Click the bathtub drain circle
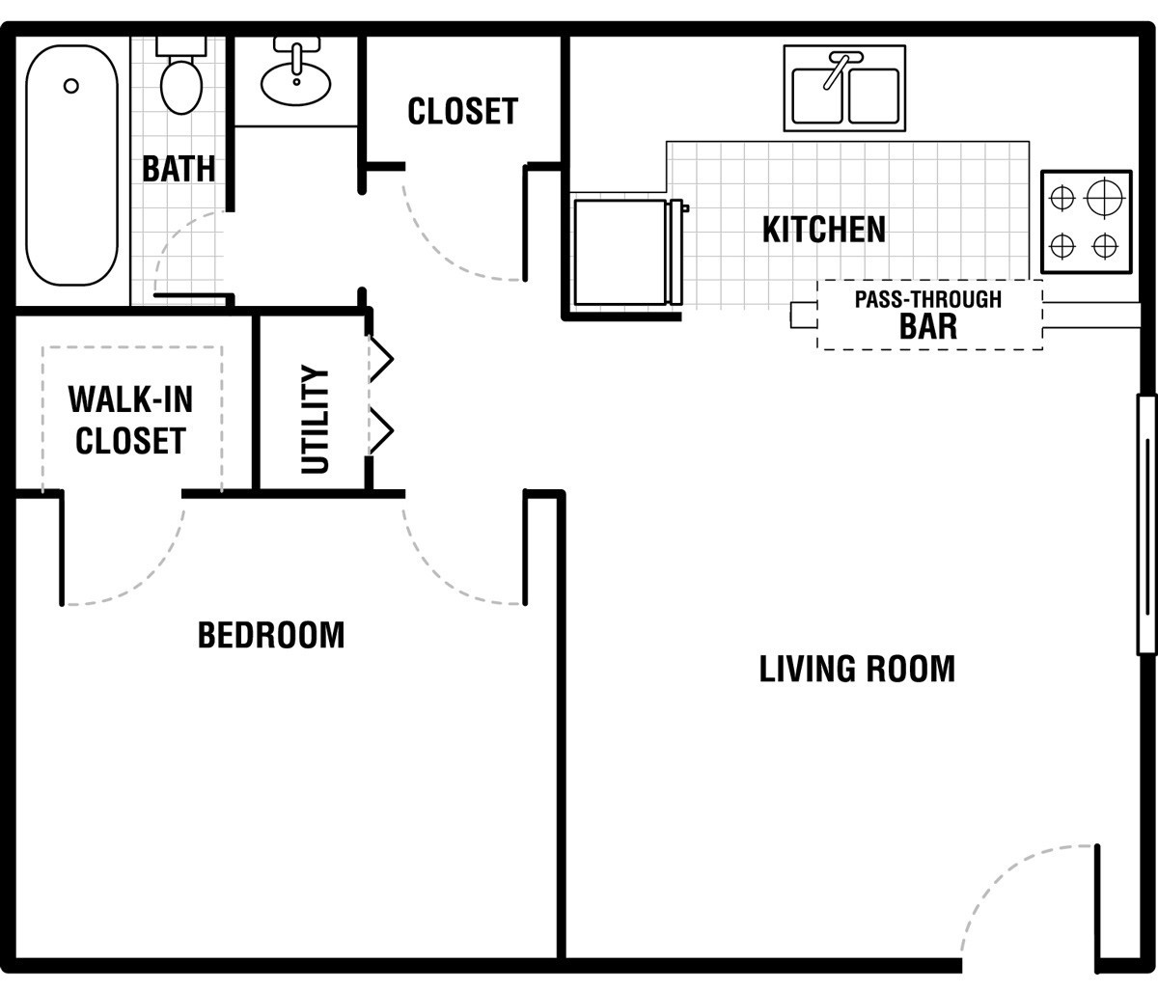pos(71,86)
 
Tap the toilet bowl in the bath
pos(181,87)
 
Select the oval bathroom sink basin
pos(296,84)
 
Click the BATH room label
pos(179,169)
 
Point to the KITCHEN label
pos(824,229)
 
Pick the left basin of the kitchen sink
pos(816,96)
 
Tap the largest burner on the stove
pos(1105,198)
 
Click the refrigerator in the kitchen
pos(628,252)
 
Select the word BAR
pos(928,326)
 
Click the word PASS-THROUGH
pos(928,300)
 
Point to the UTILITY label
pos(315,419)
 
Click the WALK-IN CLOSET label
pos(130,420)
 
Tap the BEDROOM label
pos(271,635)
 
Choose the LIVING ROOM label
pos(857,669)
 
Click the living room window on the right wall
pos(1146,525)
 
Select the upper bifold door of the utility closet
pos(381,359)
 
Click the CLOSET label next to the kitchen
pos(463,111)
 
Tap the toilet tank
pos(181,46)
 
